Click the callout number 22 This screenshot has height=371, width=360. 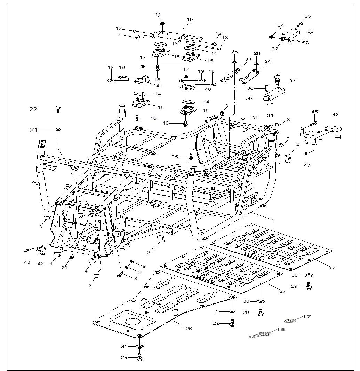33,109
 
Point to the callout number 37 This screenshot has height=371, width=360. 292,81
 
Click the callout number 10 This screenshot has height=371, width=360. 190,19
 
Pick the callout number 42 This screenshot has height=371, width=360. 41,263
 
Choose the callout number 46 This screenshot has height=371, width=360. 336,114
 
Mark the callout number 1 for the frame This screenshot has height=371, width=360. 273,220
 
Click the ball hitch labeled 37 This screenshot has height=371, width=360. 279,77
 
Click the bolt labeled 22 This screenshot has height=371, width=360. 58,109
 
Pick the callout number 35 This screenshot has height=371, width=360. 307,16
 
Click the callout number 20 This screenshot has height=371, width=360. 64,268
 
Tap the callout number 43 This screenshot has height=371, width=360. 26,262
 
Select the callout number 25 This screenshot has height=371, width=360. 175,157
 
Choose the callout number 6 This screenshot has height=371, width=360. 217,311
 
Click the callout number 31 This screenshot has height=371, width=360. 255,118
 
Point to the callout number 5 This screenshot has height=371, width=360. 288,139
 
